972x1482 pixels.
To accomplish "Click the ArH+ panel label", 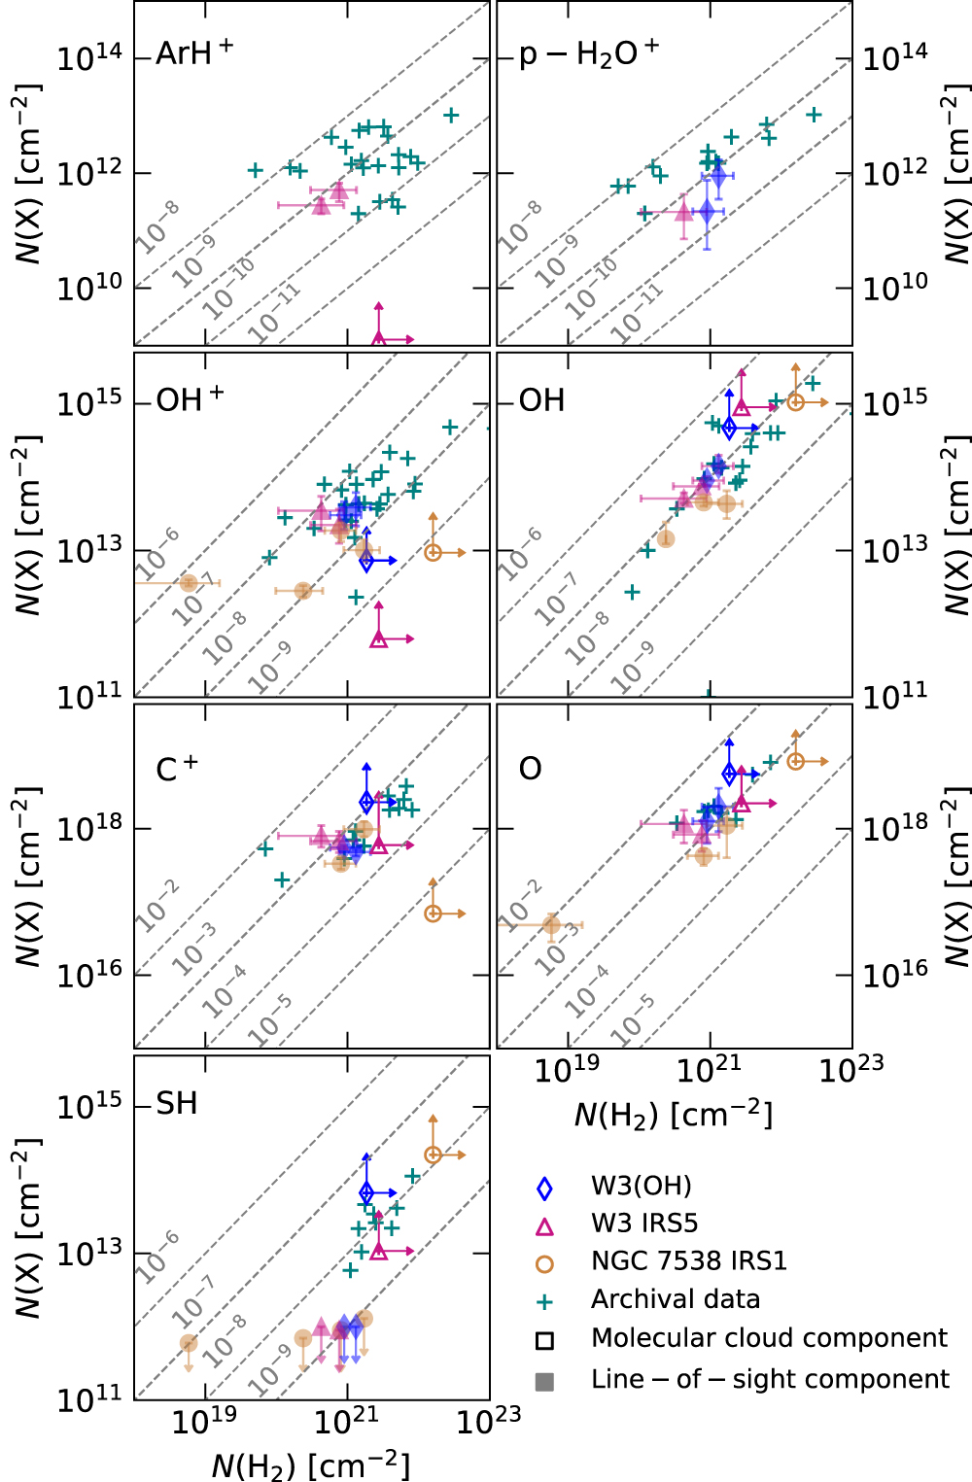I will point(194,52).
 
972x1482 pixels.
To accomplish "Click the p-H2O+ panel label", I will point(589,52).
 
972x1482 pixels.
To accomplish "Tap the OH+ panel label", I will point(190,399).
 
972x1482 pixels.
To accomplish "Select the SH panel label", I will point(177,1104).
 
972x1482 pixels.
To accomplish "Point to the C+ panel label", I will point(177,769).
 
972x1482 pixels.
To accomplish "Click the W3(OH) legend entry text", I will point(642,1186).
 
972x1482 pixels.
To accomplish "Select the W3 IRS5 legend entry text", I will point(644,1223).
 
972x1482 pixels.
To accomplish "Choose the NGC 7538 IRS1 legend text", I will point(688,1261).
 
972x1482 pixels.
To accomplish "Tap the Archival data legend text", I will point(676,1299).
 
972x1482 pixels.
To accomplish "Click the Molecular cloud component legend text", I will point(769,1338).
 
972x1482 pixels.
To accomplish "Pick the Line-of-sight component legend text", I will point(770,1379).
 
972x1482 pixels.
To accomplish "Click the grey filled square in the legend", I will point(544,1381).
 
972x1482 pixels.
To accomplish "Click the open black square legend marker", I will point(544,1341).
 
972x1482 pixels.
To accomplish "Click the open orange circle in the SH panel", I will point(434,1155).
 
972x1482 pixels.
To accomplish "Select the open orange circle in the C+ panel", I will point(434,913).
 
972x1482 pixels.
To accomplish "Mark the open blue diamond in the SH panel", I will point(366,1192).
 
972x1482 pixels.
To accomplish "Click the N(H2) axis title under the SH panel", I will point(311,1464).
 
